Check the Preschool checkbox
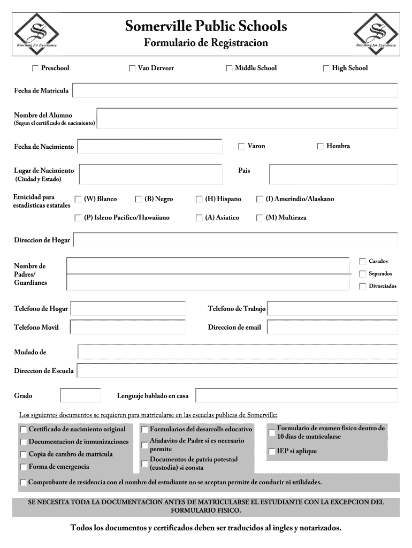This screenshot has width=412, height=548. point(36,68)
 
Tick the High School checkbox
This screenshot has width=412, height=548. point(326,68)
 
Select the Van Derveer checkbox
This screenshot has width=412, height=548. point(132,68)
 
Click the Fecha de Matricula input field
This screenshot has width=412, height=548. point(235,90)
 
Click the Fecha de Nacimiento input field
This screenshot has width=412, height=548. point(149,146)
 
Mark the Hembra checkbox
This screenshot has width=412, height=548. point(321,146)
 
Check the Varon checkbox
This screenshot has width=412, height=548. point(241,146)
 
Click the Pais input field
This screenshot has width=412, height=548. point(333,174)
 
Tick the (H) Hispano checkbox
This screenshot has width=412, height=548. point(200,199)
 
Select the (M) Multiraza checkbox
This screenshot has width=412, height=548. point(260,218)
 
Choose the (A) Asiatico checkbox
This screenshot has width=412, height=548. point(200,218)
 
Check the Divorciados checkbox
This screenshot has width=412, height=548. point(362,286)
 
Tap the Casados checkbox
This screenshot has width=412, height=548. point(362,261)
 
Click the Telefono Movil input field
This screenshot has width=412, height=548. point(128,327)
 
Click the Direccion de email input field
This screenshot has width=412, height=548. point(332,327)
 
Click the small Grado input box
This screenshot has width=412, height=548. point(80,395)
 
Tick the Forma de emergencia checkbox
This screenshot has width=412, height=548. point(24,467)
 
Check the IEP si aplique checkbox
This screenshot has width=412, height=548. point(272,451)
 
